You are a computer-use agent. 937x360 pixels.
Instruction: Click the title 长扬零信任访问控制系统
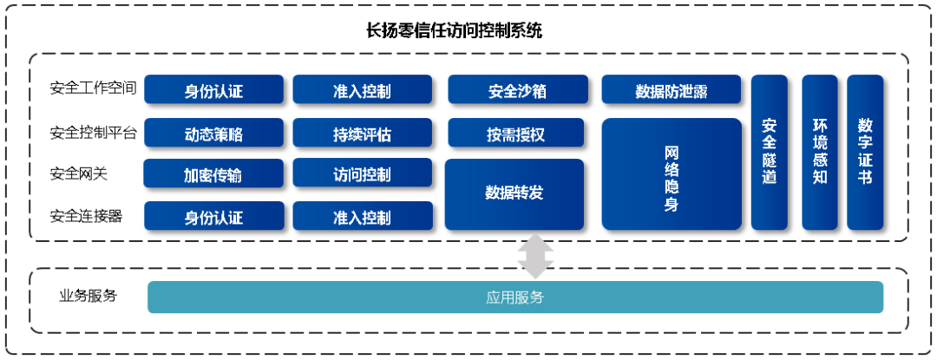(454, 30)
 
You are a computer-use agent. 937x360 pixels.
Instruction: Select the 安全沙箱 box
(516, 89)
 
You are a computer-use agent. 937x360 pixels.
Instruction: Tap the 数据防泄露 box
(671, 89)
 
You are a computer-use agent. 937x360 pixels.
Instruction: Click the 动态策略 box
(213, 133)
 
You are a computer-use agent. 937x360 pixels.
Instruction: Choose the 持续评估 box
(362, 133)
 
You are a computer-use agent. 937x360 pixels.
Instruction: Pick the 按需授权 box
(515, 133)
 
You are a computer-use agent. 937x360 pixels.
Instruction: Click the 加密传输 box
(213, 173)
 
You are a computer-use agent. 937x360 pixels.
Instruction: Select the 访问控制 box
(362, 173)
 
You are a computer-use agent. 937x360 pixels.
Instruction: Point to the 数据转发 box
(514, 194)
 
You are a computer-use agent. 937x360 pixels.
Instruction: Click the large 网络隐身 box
(671, 174)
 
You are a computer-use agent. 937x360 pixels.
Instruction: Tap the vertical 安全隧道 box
(769, 152)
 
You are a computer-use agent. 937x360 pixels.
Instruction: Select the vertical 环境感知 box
(820, 152)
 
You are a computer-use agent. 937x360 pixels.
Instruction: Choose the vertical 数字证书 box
(865, 152)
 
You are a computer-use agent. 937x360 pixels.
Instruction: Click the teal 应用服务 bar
(515, 298)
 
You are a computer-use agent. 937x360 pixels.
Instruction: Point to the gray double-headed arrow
(535, 255)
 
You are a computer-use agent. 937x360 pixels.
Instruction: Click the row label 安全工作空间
(94, 89)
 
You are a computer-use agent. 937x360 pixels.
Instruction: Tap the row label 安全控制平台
(94, 133)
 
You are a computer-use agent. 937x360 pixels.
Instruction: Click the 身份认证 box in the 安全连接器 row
(213, 216)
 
